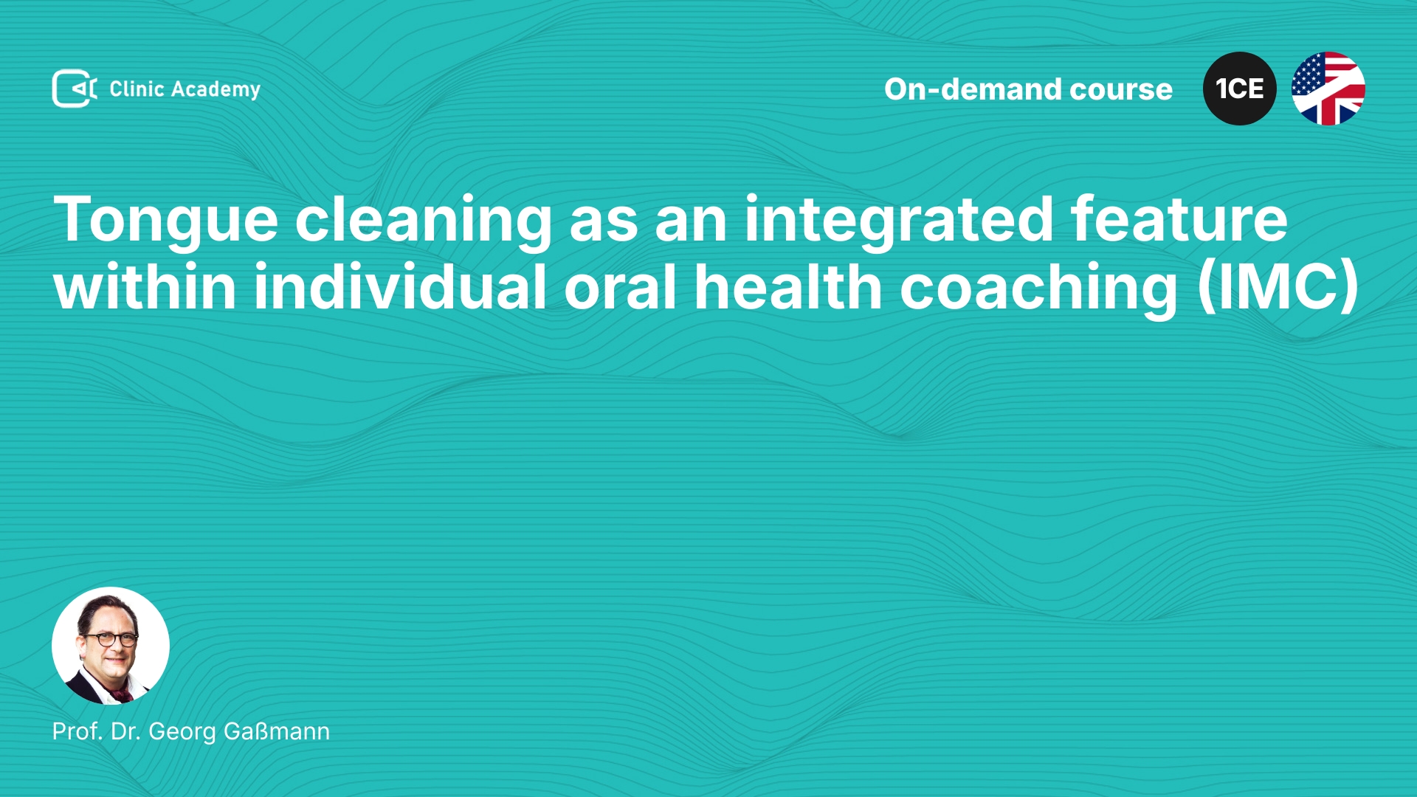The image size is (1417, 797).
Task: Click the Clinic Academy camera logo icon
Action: click(x=75, y=89)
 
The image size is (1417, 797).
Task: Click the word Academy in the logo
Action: click(x=216, y=90)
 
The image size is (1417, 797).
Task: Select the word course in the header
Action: click(x=1121, y=90)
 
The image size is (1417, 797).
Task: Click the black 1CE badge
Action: click(x=1240, y=89)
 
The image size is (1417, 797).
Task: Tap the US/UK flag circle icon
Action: click(x=1328, y=89)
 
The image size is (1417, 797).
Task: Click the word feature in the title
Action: click(x=1179, y=219)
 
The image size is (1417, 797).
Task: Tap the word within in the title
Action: click(x=145, y=286)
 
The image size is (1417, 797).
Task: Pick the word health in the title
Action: click(x=788, y=286)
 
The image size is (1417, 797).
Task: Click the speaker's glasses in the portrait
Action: click(x=111, y=638)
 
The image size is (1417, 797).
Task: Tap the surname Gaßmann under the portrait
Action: click(x=277, y=731)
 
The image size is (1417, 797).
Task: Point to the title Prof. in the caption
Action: click(x=77, y=731)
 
